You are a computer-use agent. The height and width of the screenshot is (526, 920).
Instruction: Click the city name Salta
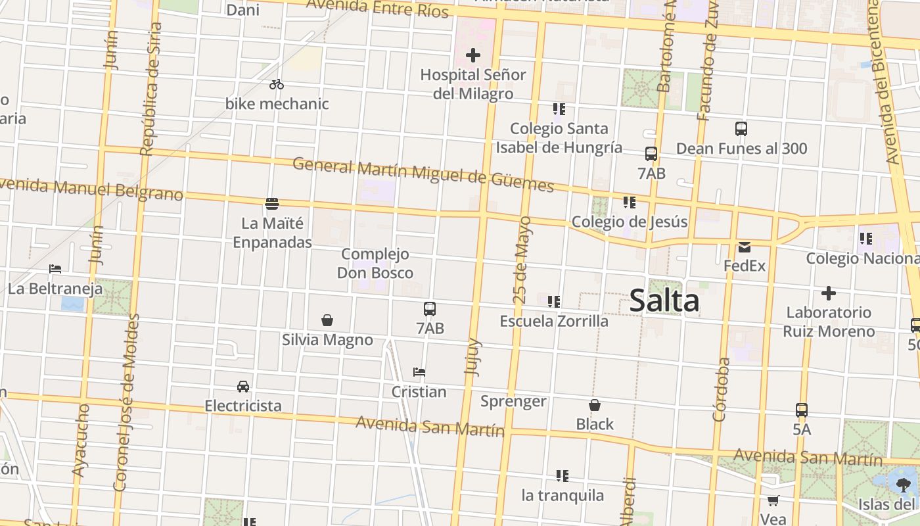[664, 301]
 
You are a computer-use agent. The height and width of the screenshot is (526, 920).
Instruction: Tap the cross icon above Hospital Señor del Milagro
[472, 55]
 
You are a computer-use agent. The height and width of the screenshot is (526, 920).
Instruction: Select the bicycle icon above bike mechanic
[277, 84]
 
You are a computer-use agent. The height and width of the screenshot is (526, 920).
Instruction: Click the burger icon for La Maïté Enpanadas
[272, 203]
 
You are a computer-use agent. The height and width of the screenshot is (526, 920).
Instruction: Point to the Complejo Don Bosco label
[375, 263]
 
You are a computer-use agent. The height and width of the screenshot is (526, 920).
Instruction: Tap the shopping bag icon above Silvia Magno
[327, 320]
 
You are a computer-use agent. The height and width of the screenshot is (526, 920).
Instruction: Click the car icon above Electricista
[243, 386]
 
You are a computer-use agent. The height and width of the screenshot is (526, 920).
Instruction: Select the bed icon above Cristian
[419, 372]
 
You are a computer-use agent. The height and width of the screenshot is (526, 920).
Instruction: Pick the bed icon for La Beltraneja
[55, 269]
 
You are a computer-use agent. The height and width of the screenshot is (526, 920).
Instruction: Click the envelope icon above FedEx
[745, 247]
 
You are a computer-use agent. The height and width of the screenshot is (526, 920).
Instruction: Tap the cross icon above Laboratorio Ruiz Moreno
[829, 293]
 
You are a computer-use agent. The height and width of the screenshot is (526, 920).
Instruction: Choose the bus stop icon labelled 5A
[802, 410]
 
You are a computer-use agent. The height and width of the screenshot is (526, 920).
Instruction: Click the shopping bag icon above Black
[595, 405]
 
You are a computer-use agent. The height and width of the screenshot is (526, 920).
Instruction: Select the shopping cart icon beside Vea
[773, 500]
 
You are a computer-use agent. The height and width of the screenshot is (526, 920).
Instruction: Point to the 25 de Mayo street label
[522, 260]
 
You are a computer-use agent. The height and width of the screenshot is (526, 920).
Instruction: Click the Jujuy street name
[473, 357]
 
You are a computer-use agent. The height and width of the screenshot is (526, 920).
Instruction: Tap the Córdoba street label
[721, 389]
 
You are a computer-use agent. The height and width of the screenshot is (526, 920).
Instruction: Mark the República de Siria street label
[150, 89]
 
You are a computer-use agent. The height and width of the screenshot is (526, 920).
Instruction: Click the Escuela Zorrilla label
[554, 322]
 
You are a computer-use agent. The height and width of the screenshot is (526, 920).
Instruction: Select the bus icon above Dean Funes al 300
[741, 129]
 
